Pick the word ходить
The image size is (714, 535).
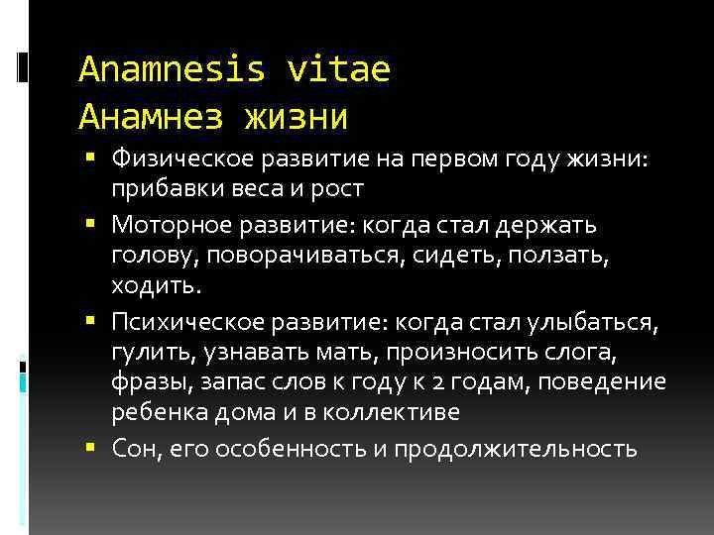[156, 287]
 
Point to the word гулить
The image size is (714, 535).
[144, 353]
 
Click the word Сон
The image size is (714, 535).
[133, 449]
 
